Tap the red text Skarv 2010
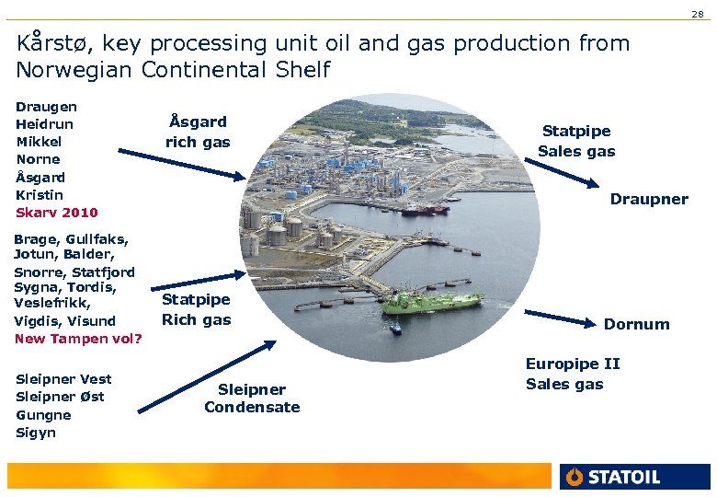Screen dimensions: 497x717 pos(56,213)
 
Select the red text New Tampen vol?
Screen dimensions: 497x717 pos(78,339)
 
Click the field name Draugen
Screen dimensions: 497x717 pos(46,107)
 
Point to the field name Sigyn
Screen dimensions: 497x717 pos(36,433)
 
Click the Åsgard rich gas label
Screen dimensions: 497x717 pos(198,132)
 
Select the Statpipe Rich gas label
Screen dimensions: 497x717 pos(196,309)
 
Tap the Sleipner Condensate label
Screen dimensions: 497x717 pos(252,399)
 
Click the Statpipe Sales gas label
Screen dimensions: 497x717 pos(576,141)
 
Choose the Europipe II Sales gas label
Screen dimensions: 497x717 pos(573,374)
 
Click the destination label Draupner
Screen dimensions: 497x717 pos(649,200)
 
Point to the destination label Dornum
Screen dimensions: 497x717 pos(636,324)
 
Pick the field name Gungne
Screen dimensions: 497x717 pos(42,415)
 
